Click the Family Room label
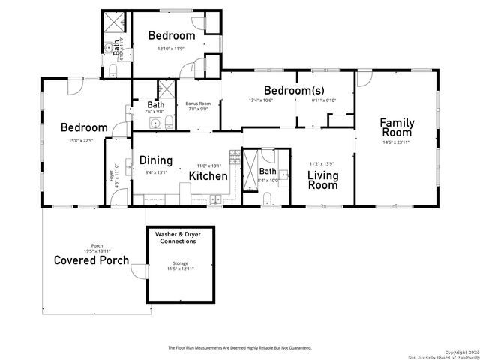point(397,127)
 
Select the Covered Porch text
point(91,260)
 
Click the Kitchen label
point(208,175)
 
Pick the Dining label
point(156,160)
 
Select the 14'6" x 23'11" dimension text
point(397,142)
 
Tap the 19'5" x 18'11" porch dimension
point(97,250)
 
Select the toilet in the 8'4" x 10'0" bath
point(267,199)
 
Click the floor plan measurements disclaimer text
point(239,347)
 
